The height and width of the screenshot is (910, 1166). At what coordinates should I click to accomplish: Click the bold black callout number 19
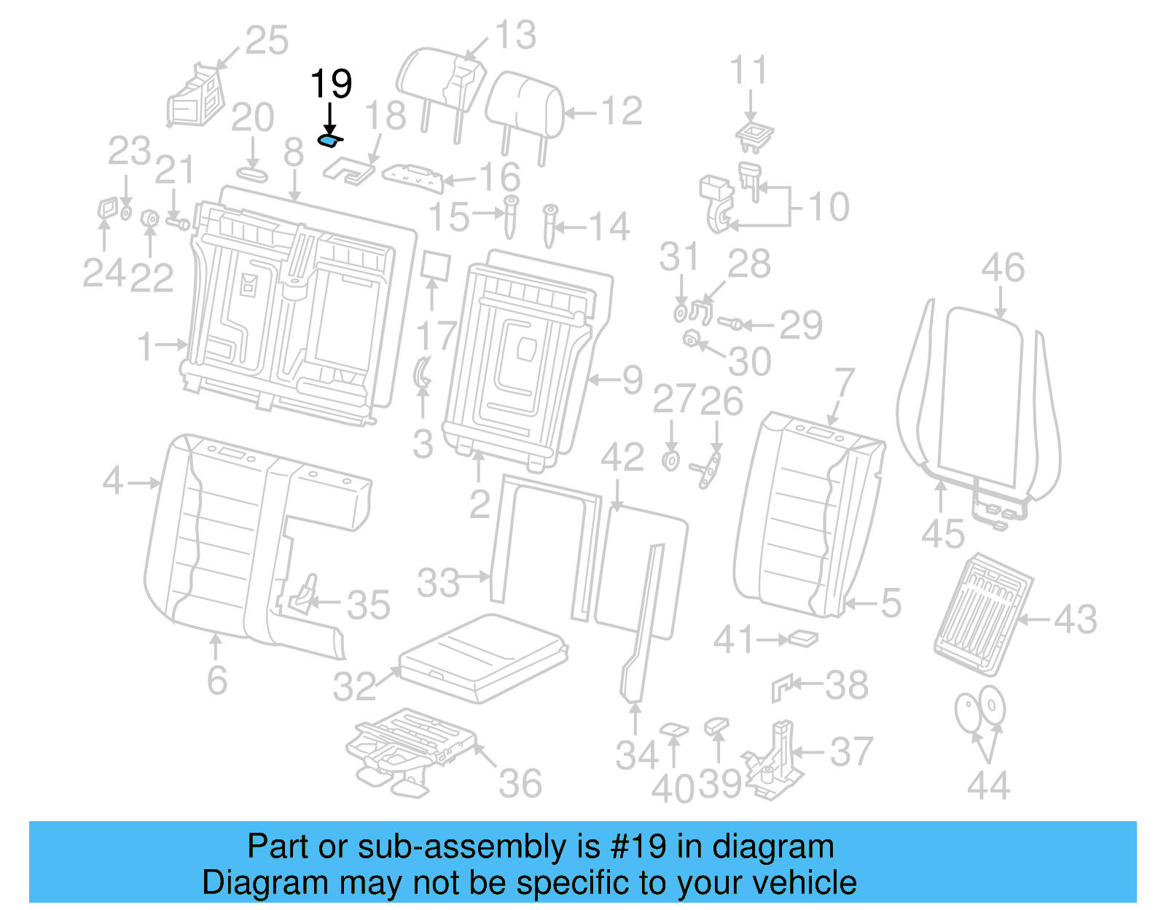click(x=331, y=84)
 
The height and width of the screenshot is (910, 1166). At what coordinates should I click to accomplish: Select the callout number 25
click(x=267, y=40)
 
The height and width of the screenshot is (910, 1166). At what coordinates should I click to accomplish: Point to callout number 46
click(x=1003, y=268)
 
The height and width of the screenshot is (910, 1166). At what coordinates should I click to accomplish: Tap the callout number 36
click(x=520, y=784)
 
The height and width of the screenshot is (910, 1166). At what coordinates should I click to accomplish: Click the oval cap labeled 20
click(x=252, y=175)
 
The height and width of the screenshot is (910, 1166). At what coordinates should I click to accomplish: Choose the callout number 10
click(x=829, y=207)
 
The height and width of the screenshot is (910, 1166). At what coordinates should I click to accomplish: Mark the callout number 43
click(x=1075, y=620)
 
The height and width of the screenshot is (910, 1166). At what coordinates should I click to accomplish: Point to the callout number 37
click(x=851, y=752)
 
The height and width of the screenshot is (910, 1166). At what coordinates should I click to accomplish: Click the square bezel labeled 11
click(x=754, y=135)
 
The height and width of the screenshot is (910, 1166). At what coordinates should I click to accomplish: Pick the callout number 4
click(x=113, y=481)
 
